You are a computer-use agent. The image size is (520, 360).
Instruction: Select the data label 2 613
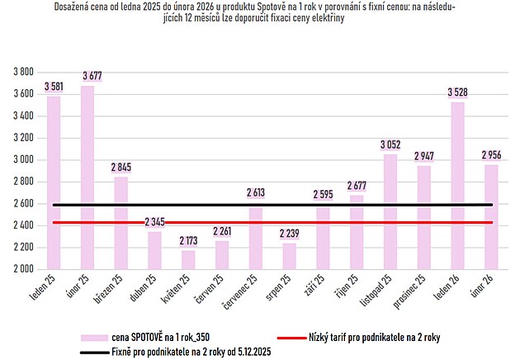click(256, 192)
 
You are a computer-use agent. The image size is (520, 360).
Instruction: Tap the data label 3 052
click(390, 144)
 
